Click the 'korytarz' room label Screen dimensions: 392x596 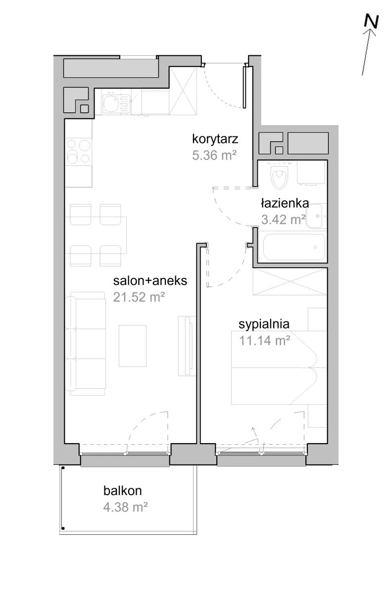point(215,139)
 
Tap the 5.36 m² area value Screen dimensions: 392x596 point(214,155)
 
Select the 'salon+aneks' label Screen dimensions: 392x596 point(150,281)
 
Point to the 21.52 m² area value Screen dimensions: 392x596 point(139,297)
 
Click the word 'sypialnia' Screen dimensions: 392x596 point(264,324)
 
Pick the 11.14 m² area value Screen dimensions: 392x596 point(264,340)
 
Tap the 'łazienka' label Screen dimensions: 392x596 point(285,204)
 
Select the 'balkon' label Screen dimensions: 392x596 point(123,491)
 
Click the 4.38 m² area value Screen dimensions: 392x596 point(125,507)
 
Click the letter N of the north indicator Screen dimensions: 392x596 point(371,21)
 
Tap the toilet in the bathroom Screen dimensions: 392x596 point(279,176)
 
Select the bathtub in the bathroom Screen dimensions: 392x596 point(294,246)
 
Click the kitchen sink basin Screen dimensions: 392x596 point(111,103)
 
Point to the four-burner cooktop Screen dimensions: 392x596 point(78,151)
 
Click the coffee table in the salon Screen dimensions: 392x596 point(133,346)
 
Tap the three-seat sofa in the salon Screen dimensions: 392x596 point(86,344)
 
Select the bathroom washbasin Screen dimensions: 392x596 point(316,216)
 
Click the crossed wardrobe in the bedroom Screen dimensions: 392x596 point(290,282)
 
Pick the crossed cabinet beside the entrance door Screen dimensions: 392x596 point(183,91)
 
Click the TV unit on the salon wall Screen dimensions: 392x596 point(187,346)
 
